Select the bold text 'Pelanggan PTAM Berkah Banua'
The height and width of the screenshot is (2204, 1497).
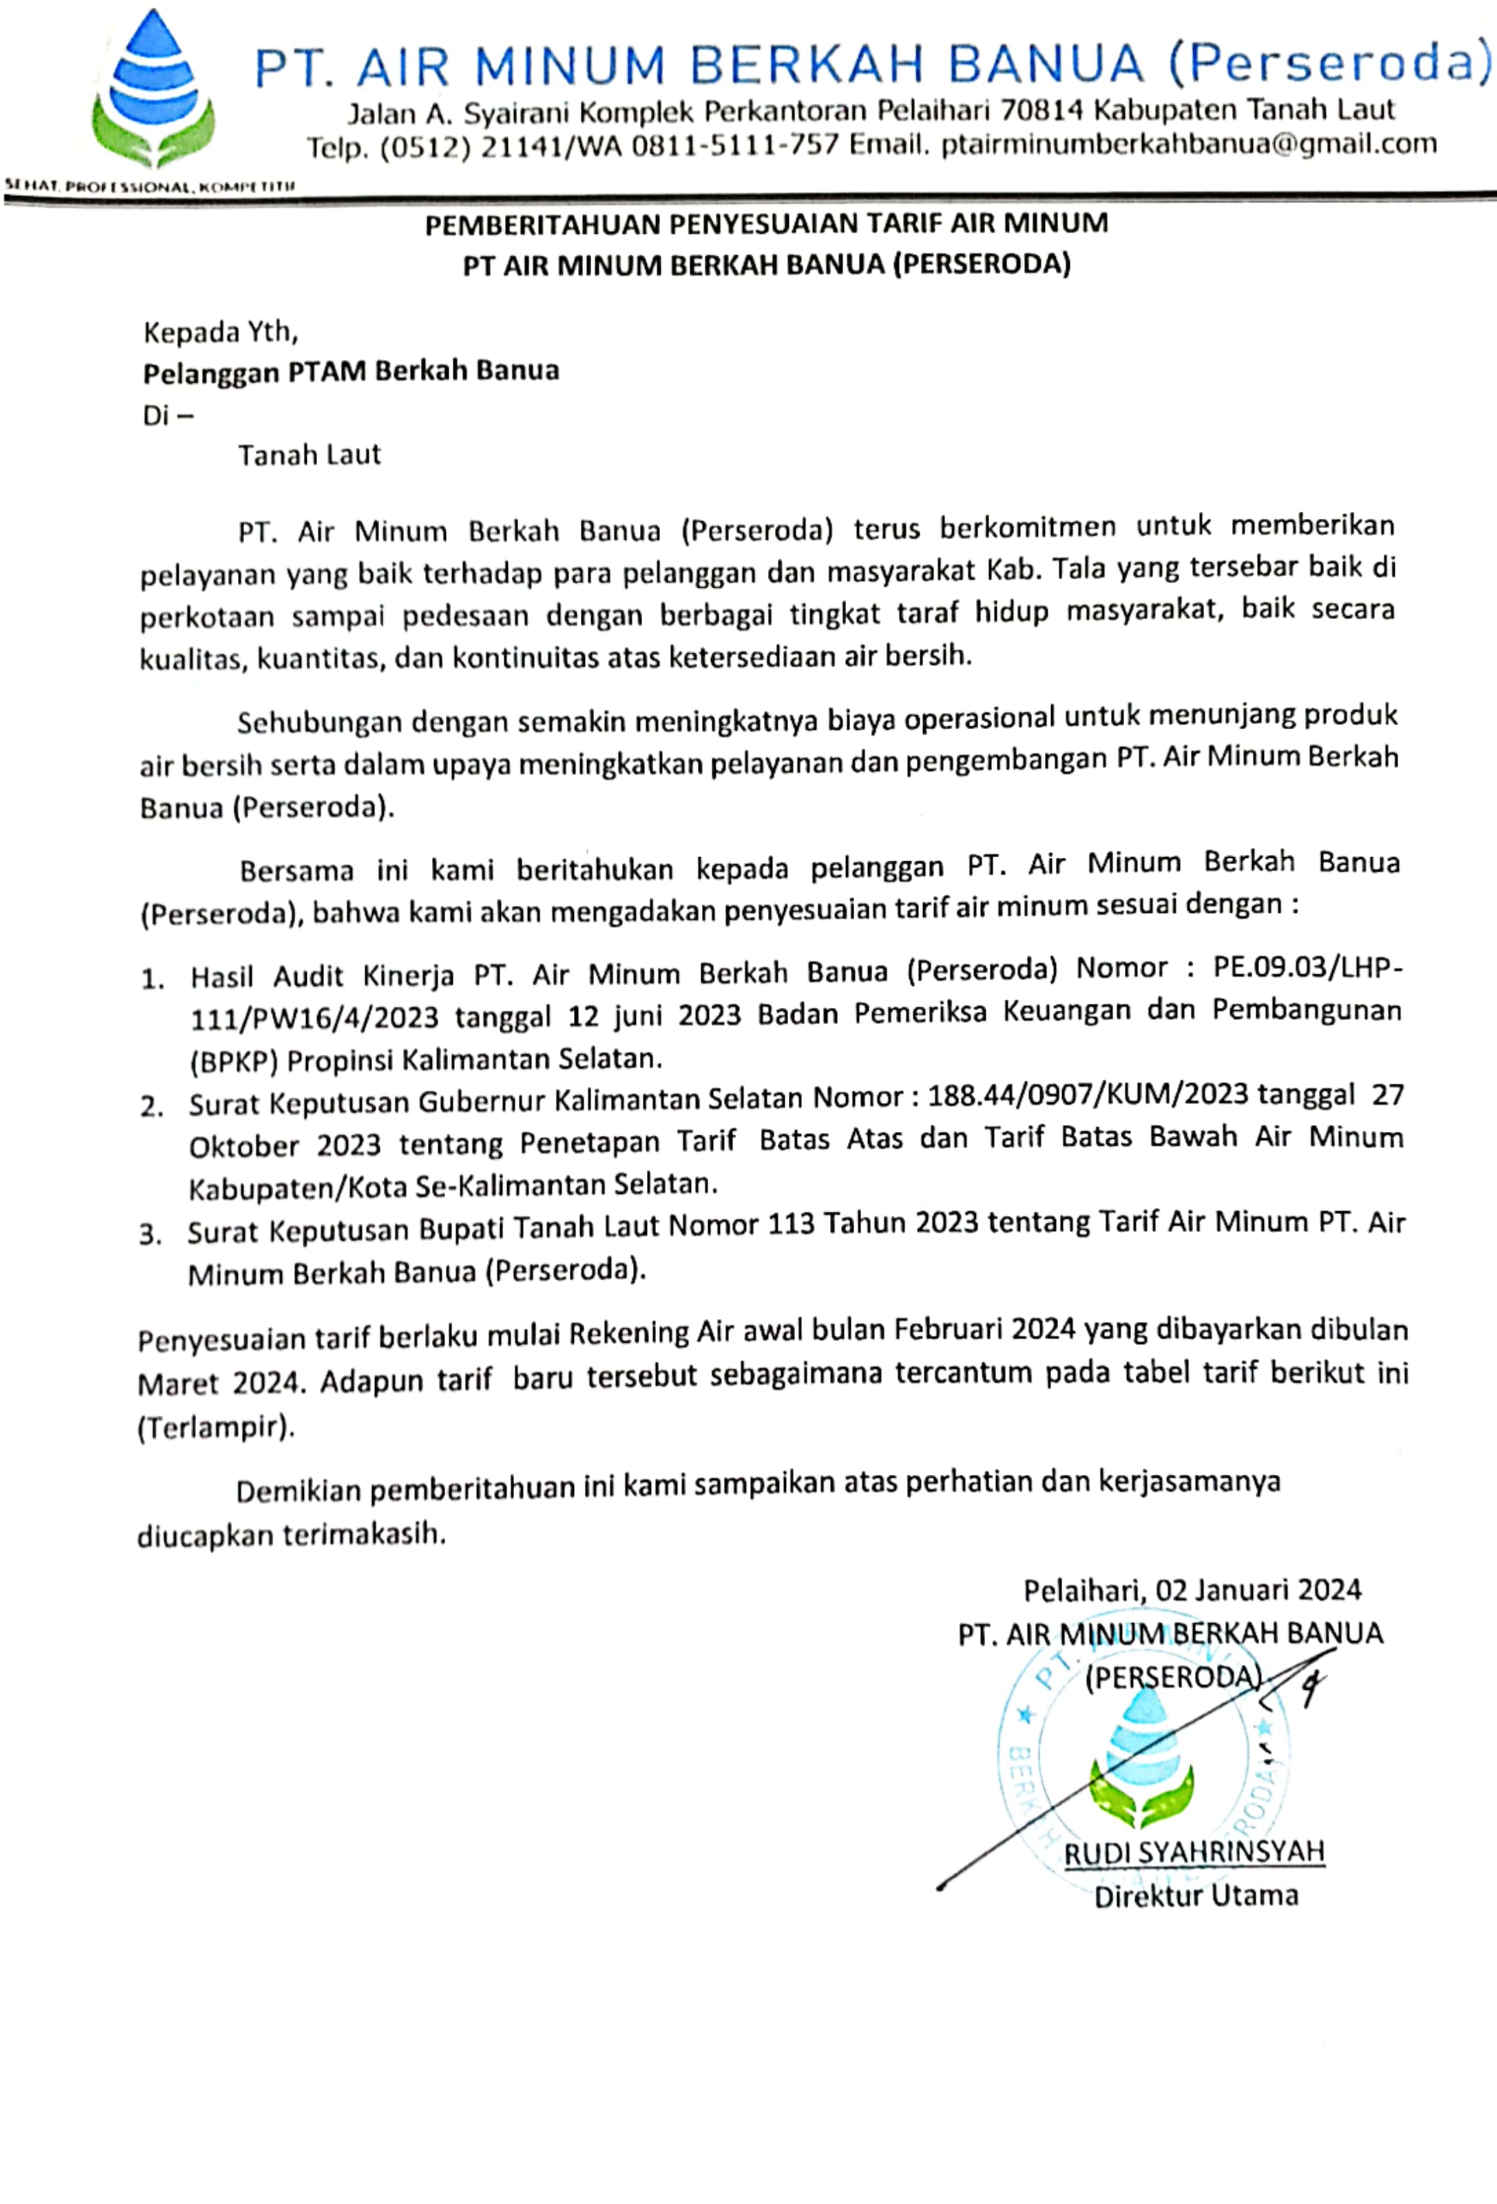[351, 371]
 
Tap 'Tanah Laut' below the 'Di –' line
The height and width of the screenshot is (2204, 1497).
[309, 455]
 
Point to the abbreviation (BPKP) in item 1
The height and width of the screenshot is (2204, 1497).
[233, 1060]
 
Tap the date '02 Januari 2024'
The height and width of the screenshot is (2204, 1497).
[1257, 1590]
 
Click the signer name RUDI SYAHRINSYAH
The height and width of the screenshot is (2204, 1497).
[1194, 1851]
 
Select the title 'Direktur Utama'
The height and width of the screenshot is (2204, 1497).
[1196, 1896]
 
